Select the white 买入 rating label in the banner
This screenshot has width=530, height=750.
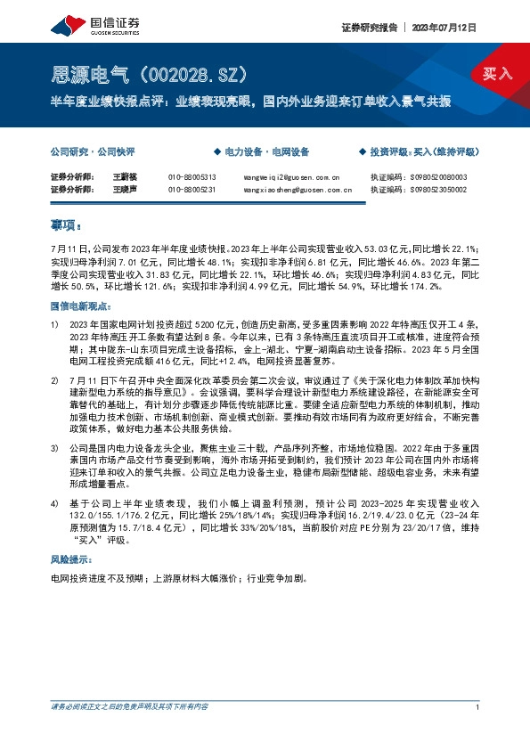pos(498,73)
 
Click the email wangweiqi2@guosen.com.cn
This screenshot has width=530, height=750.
pos(290,177)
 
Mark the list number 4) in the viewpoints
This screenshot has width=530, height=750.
pos(54,504)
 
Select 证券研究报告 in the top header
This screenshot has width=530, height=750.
pos(369,28)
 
